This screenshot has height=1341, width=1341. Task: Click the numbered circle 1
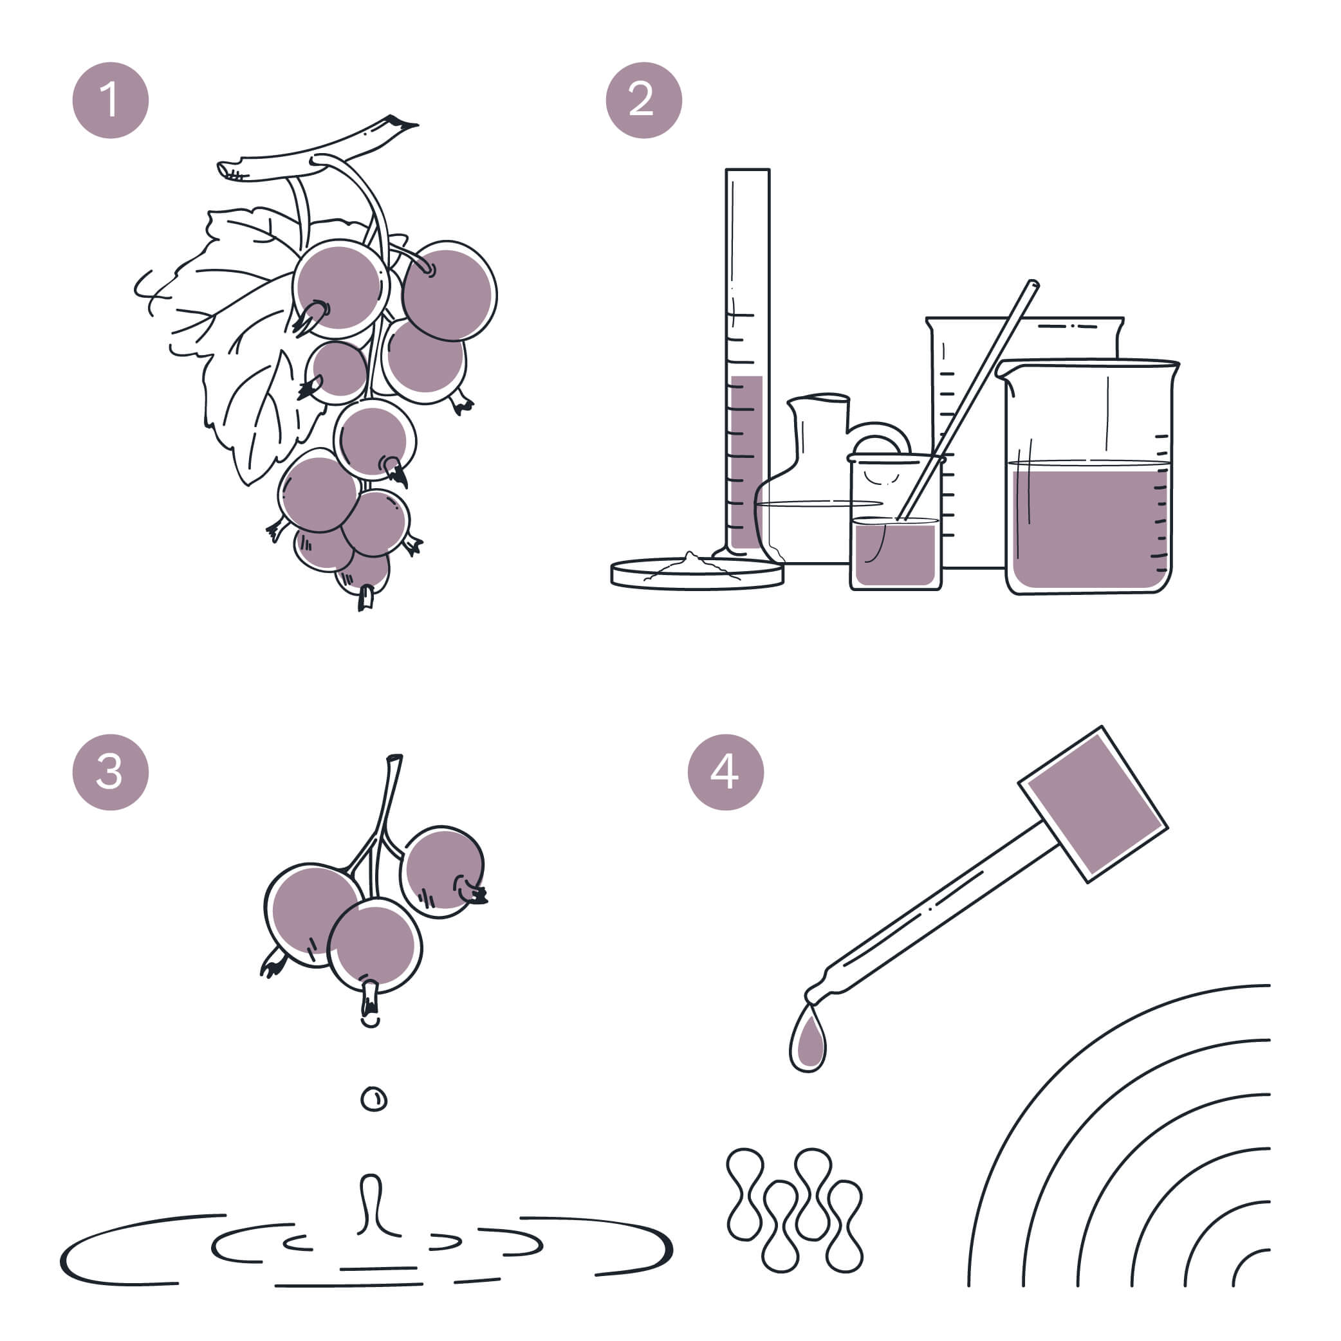click(111, 100)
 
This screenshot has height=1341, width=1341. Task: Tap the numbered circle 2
click(643, 100)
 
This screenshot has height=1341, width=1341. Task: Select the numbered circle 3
click(111, 772)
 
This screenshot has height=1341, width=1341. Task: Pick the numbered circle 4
click(726, 772)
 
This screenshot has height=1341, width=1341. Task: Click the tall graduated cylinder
click(747, 361)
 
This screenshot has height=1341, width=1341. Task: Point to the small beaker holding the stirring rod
click(896, 522)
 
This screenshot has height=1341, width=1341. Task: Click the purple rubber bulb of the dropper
click(1093, 805)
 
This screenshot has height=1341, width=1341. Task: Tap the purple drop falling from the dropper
click(808, 1039)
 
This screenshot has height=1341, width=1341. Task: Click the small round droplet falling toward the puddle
click(374, 1099)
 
